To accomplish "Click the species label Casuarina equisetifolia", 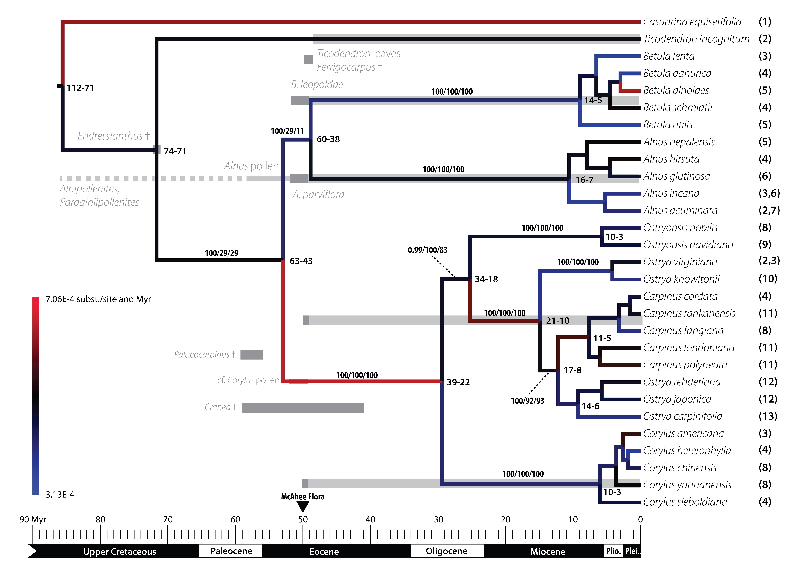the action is coord(692,22).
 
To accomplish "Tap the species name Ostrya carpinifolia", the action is coord(682,416).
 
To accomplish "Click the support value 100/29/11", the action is coord(287,131).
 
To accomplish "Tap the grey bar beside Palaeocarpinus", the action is coord(252,355).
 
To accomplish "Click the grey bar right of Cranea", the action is coord(303,408).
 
